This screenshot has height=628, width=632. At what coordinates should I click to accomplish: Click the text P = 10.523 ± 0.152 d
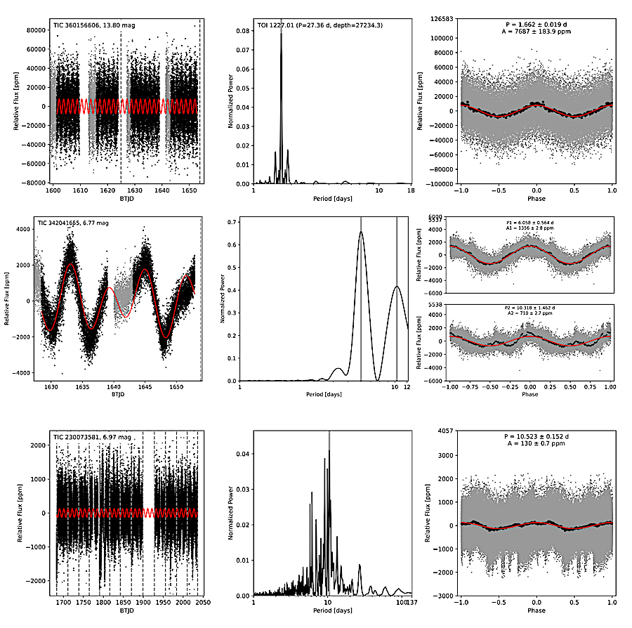pos(537,436)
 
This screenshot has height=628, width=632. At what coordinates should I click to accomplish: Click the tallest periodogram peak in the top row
pos(281,32)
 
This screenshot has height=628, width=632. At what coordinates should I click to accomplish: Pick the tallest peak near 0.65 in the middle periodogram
pos(361,232)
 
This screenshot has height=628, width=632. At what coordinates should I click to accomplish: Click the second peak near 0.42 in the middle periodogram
pos(397,286)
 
